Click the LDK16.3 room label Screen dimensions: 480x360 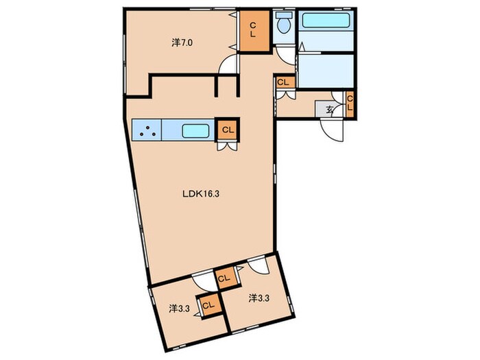click(201, 194)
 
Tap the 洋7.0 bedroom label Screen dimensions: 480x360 click(182, 43)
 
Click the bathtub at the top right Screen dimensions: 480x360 click(326, 20)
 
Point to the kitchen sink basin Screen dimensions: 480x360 click(196, 131)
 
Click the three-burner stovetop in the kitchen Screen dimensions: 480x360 click(147, 130)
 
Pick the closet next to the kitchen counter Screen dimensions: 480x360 click(228, 130)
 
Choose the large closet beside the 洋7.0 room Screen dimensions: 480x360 click(253, 30)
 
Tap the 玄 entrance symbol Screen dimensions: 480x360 click(329, 109)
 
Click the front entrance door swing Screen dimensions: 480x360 click(331, 130)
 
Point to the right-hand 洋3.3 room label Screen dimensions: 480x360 click(259, 298)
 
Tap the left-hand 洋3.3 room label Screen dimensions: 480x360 click(180, 309)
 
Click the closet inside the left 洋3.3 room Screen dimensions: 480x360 click(208, 305)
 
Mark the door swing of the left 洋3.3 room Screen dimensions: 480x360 click(204, 283)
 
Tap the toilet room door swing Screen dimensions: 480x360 click(285, 54)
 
